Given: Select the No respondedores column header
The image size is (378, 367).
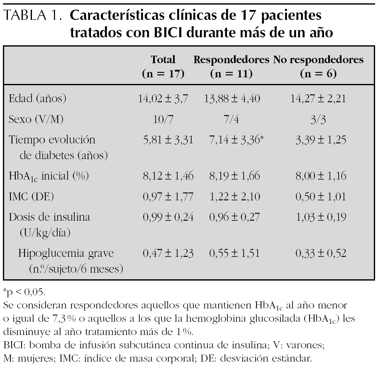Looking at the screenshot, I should [318, 67].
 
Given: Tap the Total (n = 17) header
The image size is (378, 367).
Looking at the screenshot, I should [163, 67].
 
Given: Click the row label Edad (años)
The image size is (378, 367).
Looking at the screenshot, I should [38, 99].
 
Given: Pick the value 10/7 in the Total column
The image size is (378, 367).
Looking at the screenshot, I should [163, 119].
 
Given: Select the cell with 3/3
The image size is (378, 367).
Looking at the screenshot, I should [319, 119].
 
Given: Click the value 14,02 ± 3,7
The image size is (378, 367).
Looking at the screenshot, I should [163, 99].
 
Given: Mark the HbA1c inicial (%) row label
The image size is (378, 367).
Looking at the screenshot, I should [49, 176].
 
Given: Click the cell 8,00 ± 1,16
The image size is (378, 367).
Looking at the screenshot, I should [319, 176].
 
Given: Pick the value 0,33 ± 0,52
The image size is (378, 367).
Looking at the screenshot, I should [319, 253].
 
